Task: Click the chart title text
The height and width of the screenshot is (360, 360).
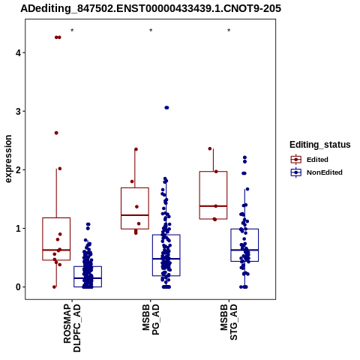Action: tap(151, 8)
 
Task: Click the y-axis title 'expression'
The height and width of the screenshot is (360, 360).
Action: tap(8, 159)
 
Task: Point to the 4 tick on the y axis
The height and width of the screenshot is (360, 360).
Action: tap(24, 52)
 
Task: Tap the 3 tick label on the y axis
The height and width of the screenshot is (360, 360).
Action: tap(18, 111)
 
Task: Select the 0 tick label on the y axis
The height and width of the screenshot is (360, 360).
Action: tap(18, 287)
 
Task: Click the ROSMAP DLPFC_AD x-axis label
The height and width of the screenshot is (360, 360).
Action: tap(72, 328)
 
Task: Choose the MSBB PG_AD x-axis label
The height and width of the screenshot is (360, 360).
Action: tap(151, 319)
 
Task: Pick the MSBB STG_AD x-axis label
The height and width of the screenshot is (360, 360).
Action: tap(229, 322)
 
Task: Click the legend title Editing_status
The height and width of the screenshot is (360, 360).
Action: tap(320, 145)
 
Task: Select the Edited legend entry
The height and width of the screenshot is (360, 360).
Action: tap(309, 160)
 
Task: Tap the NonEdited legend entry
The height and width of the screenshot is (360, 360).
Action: tap(316, 172)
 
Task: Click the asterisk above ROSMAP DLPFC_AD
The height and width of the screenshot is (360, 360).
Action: tap(72, 31)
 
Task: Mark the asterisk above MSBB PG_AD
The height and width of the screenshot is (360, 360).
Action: tap(151, 31)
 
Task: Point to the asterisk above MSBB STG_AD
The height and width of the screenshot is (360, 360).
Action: tap(229, 31)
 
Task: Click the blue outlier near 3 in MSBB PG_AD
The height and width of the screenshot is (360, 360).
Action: tap(166, 108)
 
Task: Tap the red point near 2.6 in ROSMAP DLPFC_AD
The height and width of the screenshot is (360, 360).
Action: tap(56, 133)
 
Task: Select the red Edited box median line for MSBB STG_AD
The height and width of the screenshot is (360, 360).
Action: tap(213, 206)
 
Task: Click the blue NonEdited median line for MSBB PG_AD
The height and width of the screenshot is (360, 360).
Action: tap(166, 259)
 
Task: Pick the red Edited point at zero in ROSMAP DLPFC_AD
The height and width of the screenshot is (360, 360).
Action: tap(54, 287)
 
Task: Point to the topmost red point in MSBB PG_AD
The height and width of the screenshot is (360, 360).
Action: tap(136, 149)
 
